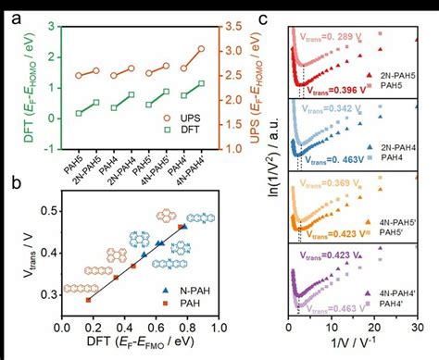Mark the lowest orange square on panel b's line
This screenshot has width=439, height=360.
[x=88, y=300]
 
